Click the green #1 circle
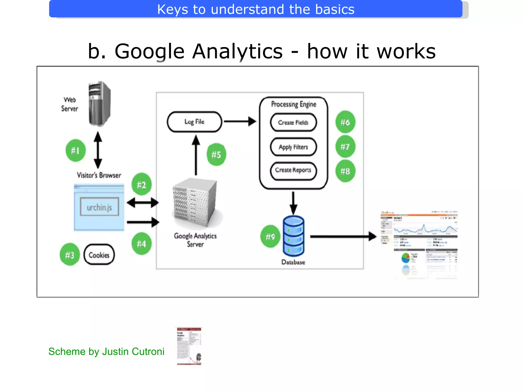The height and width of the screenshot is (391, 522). click(x=75, y=150)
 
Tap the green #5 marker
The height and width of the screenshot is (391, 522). click(x=216, y=155)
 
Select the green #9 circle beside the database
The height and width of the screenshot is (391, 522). click(x=270, y=236)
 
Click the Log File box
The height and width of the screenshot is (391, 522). click(x=194, y=122)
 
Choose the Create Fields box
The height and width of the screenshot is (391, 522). click(x=293, y=122)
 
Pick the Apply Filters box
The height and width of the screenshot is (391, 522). click(x=293, y=147)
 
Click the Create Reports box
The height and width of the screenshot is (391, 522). click(x=293, y=170)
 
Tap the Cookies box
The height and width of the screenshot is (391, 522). click(x=99, y=255)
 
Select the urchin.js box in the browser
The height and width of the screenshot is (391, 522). click(x=99, y=207)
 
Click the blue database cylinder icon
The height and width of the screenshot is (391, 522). click(x=293, y=236)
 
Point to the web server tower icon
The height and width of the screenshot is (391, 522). click(x=99, y=104)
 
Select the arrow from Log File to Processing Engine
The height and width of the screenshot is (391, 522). click(x=240, y=121)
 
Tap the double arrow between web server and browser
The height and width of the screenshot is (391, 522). click(x=98, y=150)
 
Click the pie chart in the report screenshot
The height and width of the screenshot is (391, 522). click(x=405, y=258)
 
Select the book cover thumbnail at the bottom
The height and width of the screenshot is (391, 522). click(x=189, y=346)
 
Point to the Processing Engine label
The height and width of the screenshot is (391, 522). click(x=294, y=104)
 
